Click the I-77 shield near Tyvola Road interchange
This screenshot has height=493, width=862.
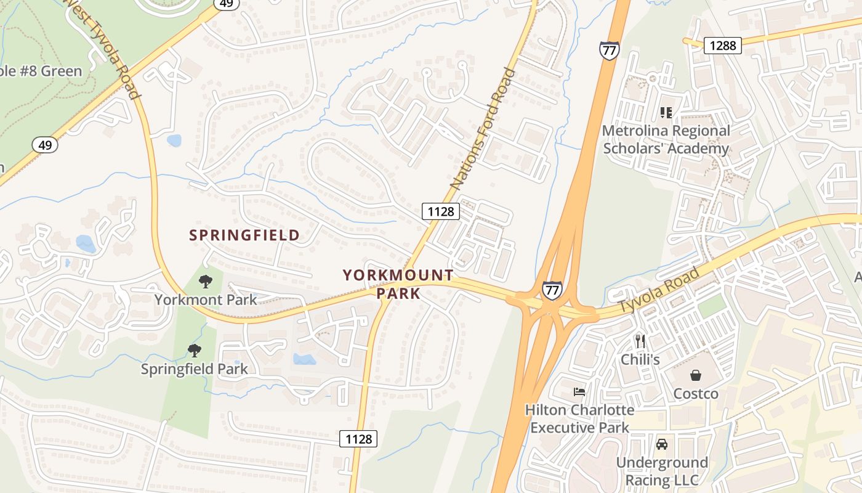(x=552, y=290)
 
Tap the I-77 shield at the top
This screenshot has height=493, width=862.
(x=609, y=50)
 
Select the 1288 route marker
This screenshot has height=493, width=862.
(x=723, y=45)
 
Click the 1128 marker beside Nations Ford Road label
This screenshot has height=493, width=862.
(x=441, y=211)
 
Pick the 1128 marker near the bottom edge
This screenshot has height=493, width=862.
(x=358, y=439)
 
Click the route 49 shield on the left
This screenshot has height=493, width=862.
(x=45, y=145)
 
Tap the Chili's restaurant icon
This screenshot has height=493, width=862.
(x=640, y=341)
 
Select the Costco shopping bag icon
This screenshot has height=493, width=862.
(x=696, y=375)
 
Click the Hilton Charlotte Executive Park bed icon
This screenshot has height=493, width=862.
(x=579, y=391)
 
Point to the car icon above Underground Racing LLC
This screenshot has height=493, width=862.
(x=662, y=444)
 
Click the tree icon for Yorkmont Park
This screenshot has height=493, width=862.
(x=206, y=282)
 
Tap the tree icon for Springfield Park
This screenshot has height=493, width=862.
(x=195, y=351)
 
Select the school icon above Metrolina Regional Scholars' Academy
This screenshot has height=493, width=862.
(x=666, y=112)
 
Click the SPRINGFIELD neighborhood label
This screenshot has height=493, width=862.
(x=244, y=235)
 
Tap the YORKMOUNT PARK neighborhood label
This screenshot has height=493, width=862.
(x=398, y=284)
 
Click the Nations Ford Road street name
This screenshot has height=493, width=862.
(x=483, y=129)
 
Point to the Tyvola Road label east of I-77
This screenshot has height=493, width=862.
(x=659, y=290)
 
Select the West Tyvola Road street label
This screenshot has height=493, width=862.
(x=103, y=49)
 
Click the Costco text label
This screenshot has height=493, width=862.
(x=696, y=393)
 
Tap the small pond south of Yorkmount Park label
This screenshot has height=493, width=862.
(x=304, y=359)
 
